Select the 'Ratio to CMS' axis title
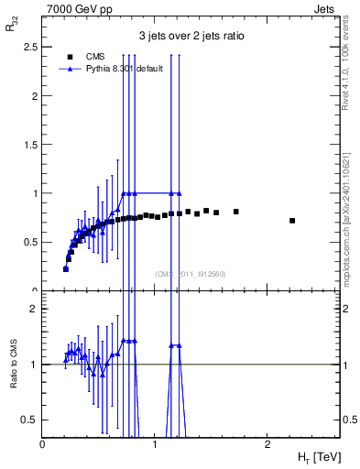tap(14, 364)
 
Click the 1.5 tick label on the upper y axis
tap(30, 145)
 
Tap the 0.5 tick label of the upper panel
tap(30, 242)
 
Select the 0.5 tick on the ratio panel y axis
tap(30, 420)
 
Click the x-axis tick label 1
tap(154, 444)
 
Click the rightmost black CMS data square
tap(292, 221)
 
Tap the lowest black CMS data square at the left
tap(66, 269)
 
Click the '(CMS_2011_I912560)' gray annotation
tap(191, 273)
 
